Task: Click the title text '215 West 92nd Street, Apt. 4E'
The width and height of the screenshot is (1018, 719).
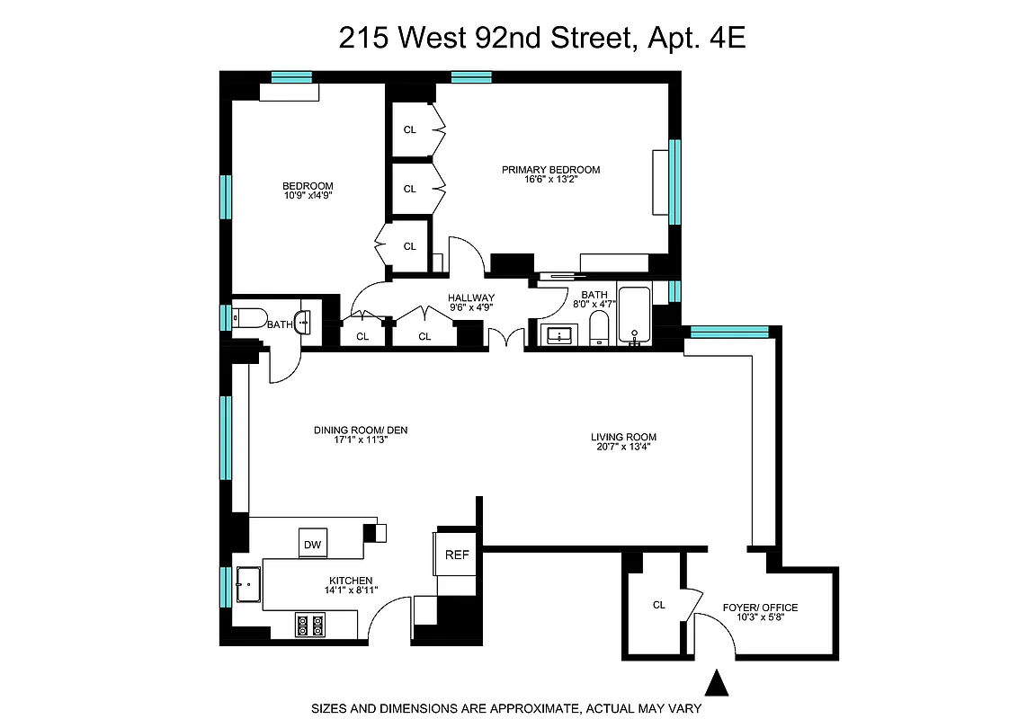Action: (542, 39)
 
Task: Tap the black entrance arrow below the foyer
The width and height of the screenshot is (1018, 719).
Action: (717, 683)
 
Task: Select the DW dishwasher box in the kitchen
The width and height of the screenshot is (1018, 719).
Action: (312, 544)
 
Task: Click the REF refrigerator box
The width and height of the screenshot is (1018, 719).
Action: (457, 555)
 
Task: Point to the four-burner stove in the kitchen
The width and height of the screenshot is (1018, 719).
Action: (310, 625)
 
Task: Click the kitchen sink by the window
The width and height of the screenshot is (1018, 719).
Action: (247, 584)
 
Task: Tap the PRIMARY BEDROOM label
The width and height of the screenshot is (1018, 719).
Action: (550, 170)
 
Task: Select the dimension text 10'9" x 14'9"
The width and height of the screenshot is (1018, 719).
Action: (308, 194)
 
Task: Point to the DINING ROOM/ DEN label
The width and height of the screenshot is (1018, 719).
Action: (361, 431)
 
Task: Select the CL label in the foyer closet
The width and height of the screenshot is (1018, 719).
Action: (659, 605)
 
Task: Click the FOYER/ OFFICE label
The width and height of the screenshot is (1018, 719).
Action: (760, 608)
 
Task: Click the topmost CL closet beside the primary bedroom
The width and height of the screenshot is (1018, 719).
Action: (410, 129)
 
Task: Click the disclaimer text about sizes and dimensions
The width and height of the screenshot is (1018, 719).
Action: (506, 708)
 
